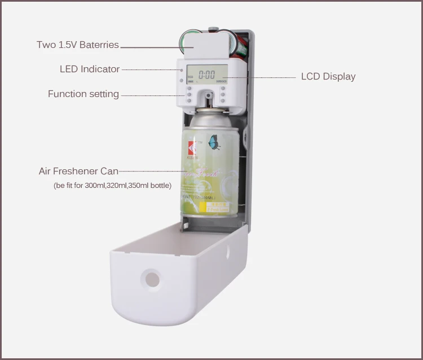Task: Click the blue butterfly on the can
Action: (214, 142)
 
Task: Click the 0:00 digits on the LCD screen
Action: (207, 74)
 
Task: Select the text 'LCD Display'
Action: (328, 77)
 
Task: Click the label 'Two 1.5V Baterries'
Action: (78, 45)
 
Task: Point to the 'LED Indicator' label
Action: (90, 69)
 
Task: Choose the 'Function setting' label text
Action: (83, 94)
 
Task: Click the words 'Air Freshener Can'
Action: (78, 171)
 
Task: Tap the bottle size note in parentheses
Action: (113, 185)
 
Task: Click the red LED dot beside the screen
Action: (182, 71)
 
